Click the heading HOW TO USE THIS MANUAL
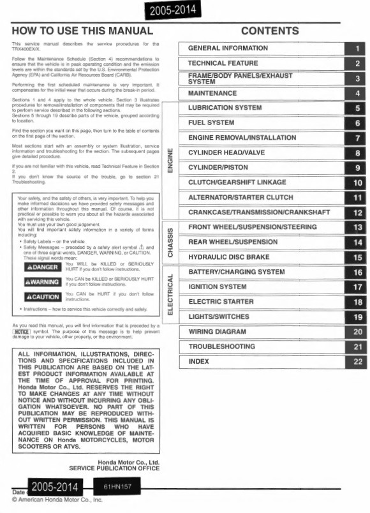pos(82,31)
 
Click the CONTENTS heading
pos(270,31)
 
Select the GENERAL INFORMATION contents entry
pos(228,48)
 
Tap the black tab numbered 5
pos(357,108)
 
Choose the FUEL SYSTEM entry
pos(211,123)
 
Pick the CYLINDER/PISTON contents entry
pos(218,167)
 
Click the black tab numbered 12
pos(357,212)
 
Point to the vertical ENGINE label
pos(169,160)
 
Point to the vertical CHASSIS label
pos(170,242)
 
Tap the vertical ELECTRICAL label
pos(170,295)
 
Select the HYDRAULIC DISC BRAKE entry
pos(230,256)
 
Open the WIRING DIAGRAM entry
pos(217,332)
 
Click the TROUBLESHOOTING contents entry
pos(221,346)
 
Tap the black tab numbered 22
pos(357,362)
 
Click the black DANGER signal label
pos(41,267)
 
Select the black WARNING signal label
pos(41,281)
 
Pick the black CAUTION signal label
pos(41,297)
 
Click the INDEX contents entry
pos(199,361)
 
